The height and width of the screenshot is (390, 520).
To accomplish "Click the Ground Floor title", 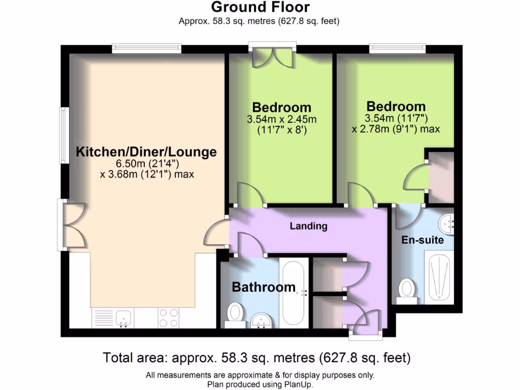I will pyautogui.click(x=259, y=8).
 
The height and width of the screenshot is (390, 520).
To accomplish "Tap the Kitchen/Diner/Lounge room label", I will pyautogui.click(x=146, y=152).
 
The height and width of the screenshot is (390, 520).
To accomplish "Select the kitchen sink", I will pyautogui.click(x=123, y=318).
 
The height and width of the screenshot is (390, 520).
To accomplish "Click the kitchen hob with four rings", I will pyautogui.click(x=169, y=318).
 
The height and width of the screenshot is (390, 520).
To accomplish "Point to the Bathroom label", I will pyautogui.click(x=264, y=287).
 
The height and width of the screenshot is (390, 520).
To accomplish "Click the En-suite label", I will pyautogui.click(x=422, y=240).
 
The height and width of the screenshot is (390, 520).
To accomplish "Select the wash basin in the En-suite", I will pyautogui.click(x=447, y=221).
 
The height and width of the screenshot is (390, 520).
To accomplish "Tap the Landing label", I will pyautogui.click(x=308, y=226).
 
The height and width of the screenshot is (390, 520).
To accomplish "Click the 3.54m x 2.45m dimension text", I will pyautogui.click(x=281, y=120).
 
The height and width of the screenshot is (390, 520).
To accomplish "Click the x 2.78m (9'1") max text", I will pyautogui.click(x=396, y=129).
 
